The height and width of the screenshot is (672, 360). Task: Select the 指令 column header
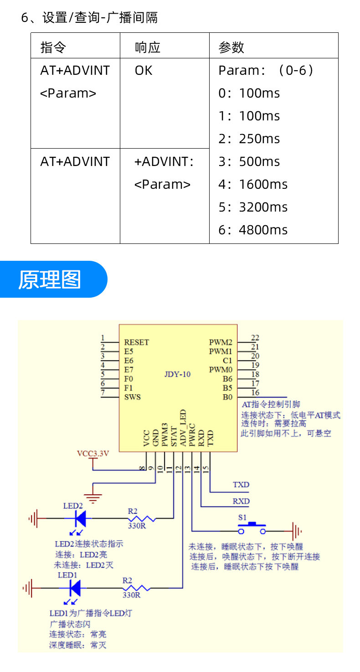[53, 47]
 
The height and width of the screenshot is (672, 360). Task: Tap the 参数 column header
[231, 47]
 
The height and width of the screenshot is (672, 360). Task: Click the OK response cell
[144, 71]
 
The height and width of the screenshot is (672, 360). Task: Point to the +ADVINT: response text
[164, 162]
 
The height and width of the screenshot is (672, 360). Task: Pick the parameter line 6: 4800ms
[253, 230]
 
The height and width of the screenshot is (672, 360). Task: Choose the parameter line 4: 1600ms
[253, 184]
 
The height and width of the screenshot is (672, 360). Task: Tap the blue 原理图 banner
[50, 279]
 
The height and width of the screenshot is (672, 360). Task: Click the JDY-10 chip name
[177, 374]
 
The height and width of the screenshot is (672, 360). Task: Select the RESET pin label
[137, 342]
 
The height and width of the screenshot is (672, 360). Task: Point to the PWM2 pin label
[221, 342]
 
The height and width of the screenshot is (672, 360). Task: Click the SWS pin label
[133, 397]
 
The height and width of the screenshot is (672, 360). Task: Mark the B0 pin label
[227, 397]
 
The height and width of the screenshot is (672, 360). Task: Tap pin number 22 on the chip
[255, 338]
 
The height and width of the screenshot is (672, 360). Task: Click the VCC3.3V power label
[93, 454]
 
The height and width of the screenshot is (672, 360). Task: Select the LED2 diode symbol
[81, 518]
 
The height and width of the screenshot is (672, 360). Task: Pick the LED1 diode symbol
[75, 588]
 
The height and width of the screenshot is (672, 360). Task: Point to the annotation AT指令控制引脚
[271, 404]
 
